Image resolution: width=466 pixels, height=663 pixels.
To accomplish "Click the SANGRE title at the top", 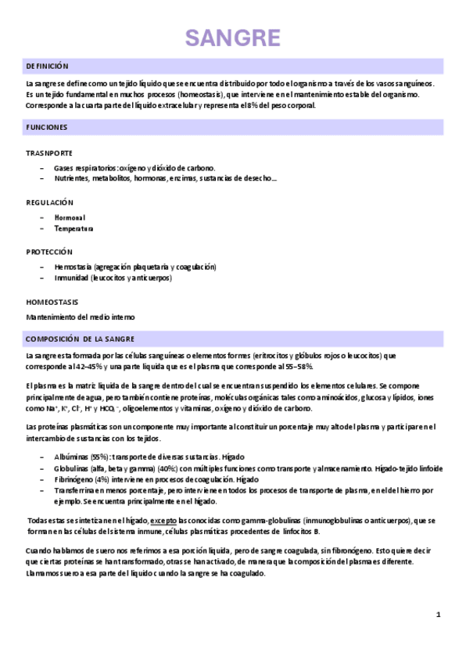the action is [x=232, y=38].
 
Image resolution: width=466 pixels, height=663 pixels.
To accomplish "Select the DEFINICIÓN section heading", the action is [x=47, y=66].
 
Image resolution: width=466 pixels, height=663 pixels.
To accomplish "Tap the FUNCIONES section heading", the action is [x=46, y=127].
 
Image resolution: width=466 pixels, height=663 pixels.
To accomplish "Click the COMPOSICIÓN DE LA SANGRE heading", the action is [x=80, y=339].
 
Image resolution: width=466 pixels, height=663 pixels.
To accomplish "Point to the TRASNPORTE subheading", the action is [x=49, y=153].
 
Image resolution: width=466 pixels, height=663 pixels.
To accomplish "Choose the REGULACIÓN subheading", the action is [x=49, y=202].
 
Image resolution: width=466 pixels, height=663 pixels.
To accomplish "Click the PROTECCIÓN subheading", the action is [x=49, y=252].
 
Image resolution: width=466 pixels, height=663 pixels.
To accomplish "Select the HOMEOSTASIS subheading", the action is [x=52, y=301].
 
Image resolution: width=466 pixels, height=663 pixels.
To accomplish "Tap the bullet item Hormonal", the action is [x=70, y=217].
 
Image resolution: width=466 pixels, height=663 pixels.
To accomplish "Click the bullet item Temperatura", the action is [x=73, y=229].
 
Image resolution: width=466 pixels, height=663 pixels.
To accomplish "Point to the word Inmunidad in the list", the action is [x=71, y=278].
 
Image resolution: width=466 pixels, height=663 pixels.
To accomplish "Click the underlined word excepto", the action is [x=163, y=520].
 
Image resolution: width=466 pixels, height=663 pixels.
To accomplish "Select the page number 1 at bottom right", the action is [x=439, y=615].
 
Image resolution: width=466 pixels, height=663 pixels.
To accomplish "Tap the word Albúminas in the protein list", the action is [x=72, y=457].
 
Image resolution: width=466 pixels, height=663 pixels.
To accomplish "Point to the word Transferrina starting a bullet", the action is [x=75, y=490].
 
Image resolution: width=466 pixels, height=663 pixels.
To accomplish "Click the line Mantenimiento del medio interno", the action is [x=81, y=317].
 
